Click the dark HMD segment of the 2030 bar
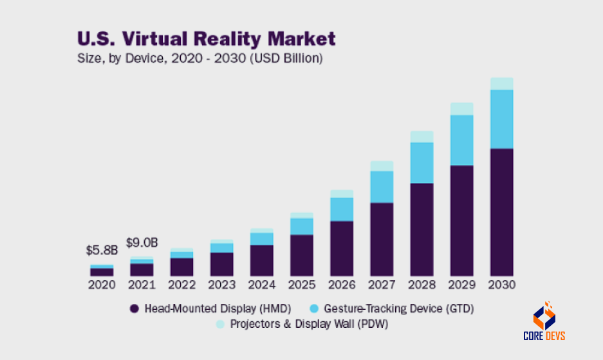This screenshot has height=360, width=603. click(x=501, y=212)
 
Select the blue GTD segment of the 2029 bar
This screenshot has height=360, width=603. click(x=461, y=140)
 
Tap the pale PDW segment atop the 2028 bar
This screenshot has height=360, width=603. click(x=422, y=137)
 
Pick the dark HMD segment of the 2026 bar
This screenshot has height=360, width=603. click(x=342, y=248)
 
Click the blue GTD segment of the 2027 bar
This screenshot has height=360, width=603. click(x=382, y=187)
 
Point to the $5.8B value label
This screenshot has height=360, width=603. click(x=102, y=250)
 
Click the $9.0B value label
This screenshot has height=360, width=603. click(x=142, y=243)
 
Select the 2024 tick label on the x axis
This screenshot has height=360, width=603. click(x=262, y=284)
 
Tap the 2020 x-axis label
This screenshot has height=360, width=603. click(x=102, y=284)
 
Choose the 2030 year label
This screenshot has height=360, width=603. click(x=501, y=284)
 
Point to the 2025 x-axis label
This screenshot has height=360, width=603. click(x=302, y=284)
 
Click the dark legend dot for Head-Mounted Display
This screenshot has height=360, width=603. click(x=135, y=308)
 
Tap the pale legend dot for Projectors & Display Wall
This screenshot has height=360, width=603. click(x=219, y=325)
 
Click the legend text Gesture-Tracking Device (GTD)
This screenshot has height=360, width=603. click(x=399, y=308)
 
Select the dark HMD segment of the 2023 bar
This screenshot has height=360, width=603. click(x=222, y=263)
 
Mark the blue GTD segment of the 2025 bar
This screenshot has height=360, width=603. click(x=302, y=226)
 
